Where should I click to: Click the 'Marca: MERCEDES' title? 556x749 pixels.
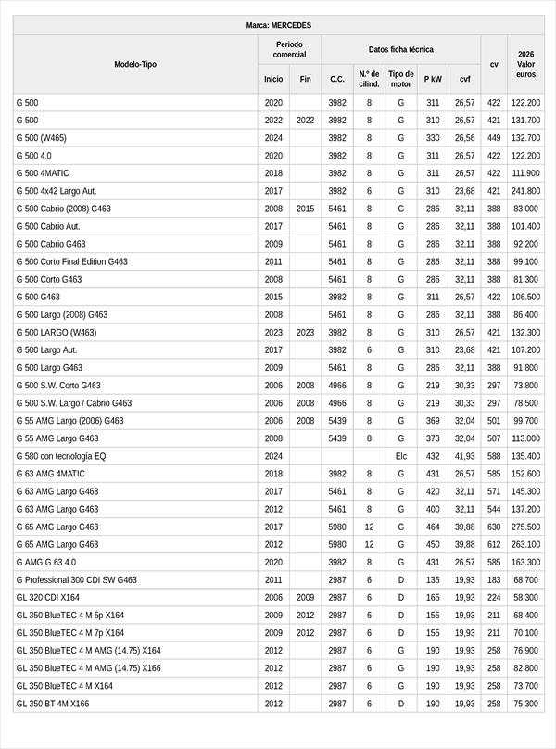click(x=279, y=25)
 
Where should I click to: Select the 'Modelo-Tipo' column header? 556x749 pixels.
click(x=135, y=64)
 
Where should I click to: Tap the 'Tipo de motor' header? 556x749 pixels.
click(x=400, y=79)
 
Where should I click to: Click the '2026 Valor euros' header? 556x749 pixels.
click(x=525, y=64)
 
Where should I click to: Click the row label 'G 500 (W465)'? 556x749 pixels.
click(x=41, y=138)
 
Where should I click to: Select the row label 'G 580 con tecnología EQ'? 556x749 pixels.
click(x=61, y=456)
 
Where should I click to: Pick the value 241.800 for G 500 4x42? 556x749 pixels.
click(x=525, y=191)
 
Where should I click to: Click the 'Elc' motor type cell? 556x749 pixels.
click(x=401, y=456)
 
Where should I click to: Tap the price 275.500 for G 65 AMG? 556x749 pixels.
click(x=525, y=527)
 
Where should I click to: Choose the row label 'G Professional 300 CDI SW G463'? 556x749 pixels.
click(x=76, y=579)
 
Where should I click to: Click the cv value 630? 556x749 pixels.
click(x=494, y=527)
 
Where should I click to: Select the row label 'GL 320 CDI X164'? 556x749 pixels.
click(x=48, y=597)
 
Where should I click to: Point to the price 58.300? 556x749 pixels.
click(x=525, y=597)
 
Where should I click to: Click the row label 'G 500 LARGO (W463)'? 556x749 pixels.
click(x=56, y=332)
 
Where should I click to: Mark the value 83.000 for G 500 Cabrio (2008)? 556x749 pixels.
click(x=525, y=209)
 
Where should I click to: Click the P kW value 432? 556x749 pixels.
click(x=433, y=456)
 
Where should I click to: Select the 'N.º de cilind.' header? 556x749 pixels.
click(x=369, y=79)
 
